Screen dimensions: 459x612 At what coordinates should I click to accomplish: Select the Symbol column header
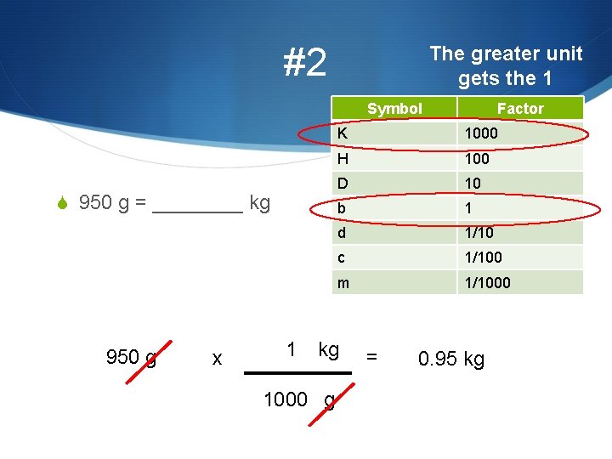[394, 108]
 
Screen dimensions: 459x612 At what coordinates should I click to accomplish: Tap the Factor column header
[519, 108]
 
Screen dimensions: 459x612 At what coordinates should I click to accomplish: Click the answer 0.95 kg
[450, 359]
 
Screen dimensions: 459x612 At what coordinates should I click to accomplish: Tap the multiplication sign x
[217, 360]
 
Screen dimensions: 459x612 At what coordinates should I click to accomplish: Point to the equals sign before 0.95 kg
[371, 358]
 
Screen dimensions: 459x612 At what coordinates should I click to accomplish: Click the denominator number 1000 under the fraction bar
[286, 399]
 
